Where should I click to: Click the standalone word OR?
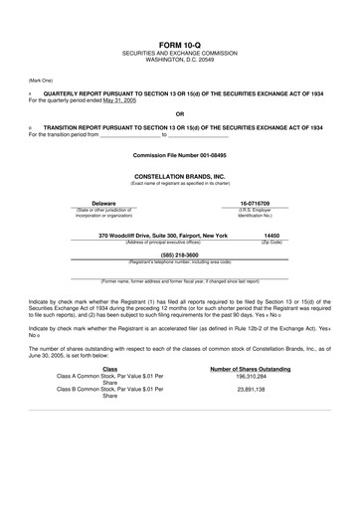tap(180, 113)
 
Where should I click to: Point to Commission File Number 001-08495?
tap(180, 157)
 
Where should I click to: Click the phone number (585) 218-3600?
tap(180, 254)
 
